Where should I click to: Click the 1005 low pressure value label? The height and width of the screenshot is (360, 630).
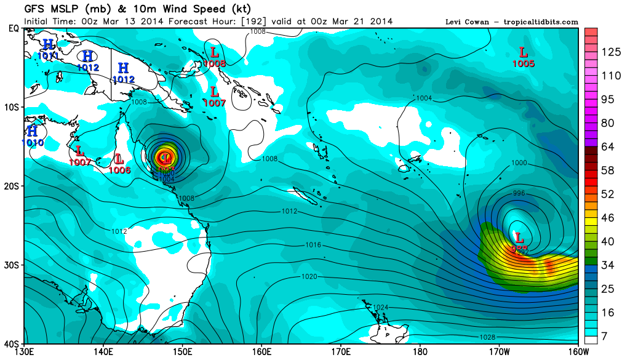[x=524, y=63]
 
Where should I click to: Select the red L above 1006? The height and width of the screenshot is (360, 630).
[x=119, y=159]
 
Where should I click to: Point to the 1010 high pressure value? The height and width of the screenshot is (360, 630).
[x=32, y=143]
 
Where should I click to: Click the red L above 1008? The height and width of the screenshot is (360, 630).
[x=214, y=52]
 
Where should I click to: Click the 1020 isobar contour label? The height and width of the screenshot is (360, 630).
[x=309, y=277]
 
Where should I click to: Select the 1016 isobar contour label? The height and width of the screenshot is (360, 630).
[x=314, y=245]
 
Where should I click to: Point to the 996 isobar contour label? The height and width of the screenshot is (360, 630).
[x=519, y=193]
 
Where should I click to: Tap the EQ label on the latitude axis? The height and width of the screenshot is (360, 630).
[x=14, y=28]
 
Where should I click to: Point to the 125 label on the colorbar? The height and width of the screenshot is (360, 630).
[x=611, y=52]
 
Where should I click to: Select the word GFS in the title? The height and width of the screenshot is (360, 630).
[x=36, y=9]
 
